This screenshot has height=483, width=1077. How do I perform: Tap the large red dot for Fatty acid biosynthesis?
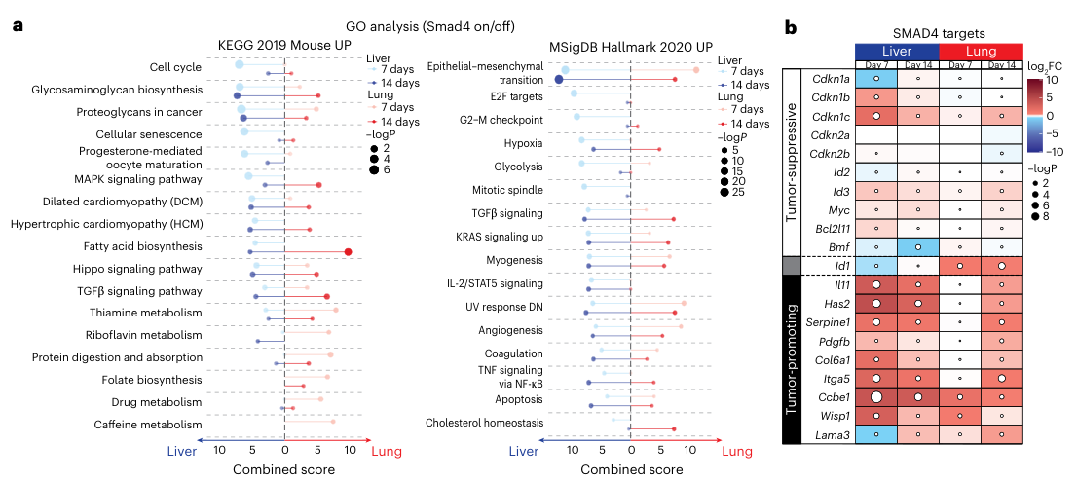[349, 252]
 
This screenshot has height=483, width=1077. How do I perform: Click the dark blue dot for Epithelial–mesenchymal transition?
[560, 79]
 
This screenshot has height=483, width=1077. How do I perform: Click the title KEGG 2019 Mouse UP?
[283, 45]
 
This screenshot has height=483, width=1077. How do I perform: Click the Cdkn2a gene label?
[827, 134]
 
